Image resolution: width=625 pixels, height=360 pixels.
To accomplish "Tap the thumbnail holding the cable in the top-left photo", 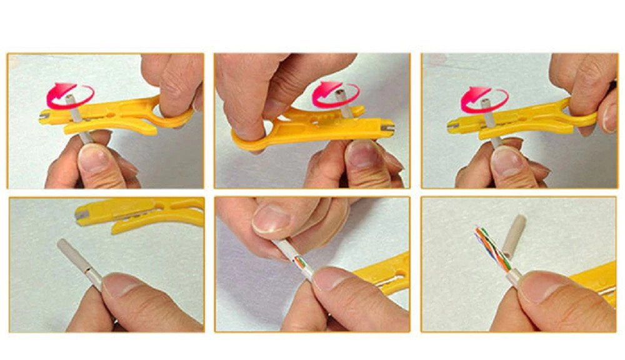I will [93, 159].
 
